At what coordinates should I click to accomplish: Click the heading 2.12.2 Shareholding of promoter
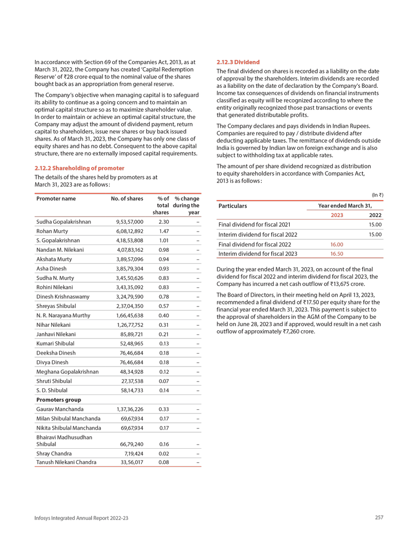tap(79, 168)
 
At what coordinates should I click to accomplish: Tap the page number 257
tap(379, 517)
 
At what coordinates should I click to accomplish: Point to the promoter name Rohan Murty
tap(52, 231)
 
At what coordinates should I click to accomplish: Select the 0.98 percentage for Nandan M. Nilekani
tap(163, 250)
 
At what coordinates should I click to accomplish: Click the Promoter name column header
tap(56, 198)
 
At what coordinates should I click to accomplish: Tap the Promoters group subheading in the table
tap(58, 400)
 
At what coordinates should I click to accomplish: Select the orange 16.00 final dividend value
tap(337, 244)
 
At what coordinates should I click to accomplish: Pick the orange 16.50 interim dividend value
tap(337, 254)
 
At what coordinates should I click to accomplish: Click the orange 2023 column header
tap(337, 215)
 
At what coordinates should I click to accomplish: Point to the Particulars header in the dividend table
tap(233, 206)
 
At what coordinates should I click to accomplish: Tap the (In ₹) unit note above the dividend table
tap(377, 194)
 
